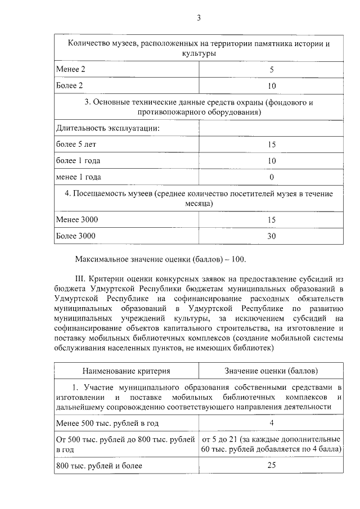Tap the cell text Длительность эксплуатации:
click(x=107, y=128)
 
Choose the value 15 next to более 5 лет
click(x=272, y=145)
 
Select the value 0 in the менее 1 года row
click(x=272, y=177)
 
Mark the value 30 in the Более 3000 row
click(x=272, y=236)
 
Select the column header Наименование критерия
click(x=126, y=371)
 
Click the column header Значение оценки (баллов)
click(x=271, y=371)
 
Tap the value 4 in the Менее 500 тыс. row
click(x=272, y=422)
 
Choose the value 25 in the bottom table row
click(x=272, y=466)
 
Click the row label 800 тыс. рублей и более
click(x=99, y=466)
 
